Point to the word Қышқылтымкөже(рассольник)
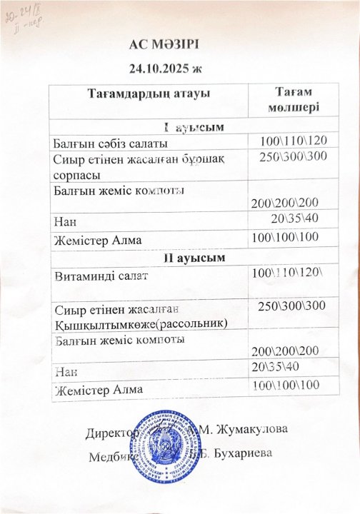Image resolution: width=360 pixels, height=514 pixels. [x=141, y=323]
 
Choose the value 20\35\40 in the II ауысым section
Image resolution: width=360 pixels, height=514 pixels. [x=276, y=366]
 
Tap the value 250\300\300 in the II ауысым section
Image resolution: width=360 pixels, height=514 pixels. [x=291, y=306]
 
